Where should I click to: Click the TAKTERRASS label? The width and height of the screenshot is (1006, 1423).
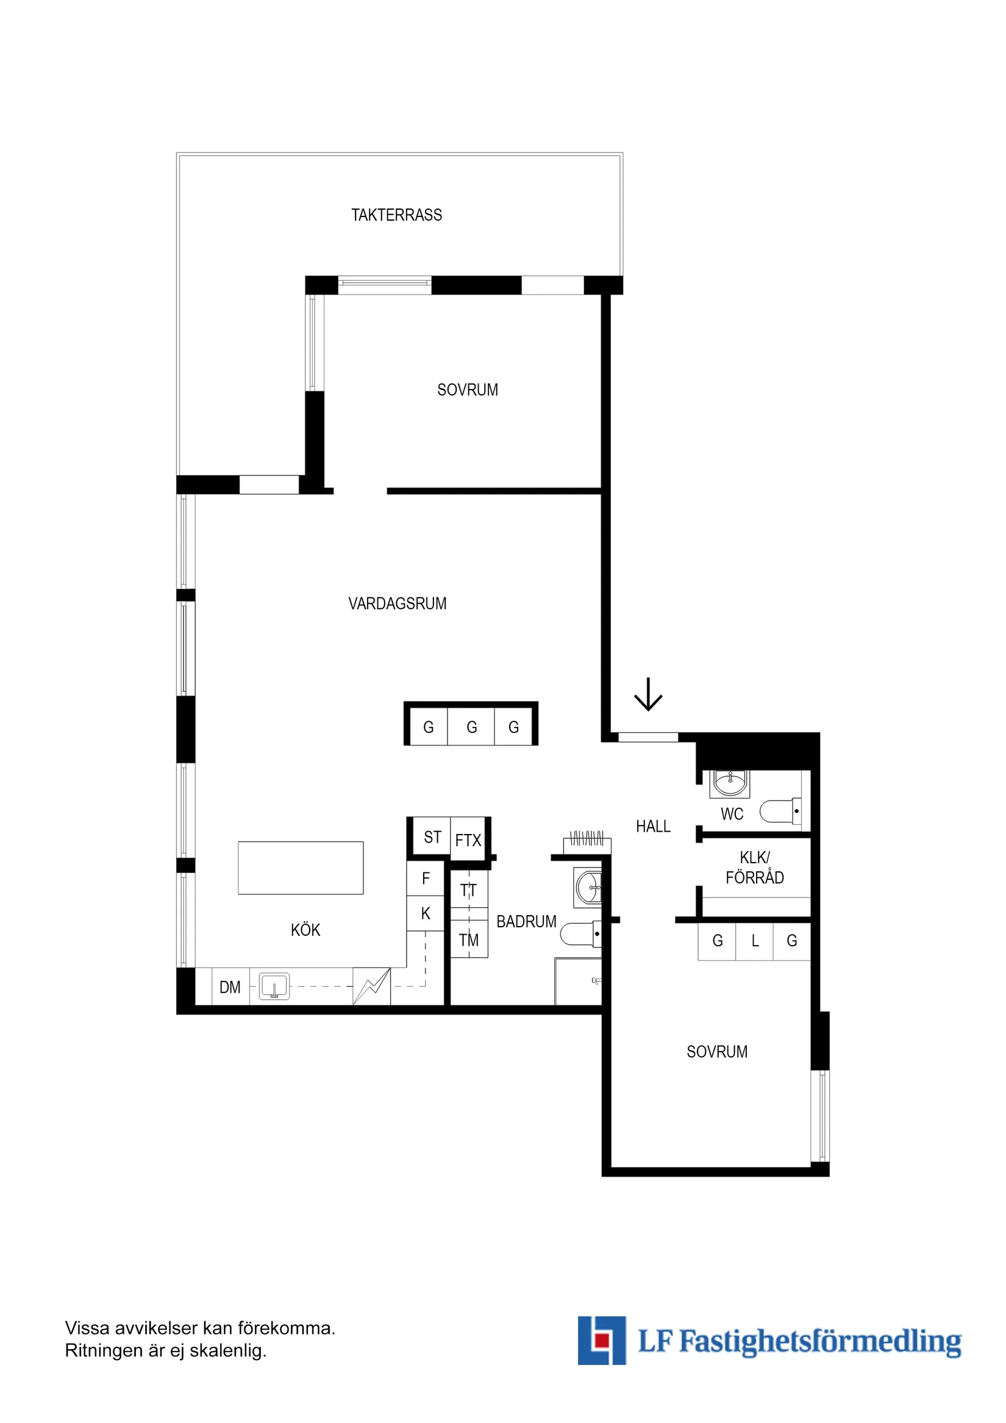pos(397,215)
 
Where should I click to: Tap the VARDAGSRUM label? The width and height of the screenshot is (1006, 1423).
pos(398,603)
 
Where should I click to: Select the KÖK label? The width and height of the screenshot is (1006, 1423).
pos(305,930)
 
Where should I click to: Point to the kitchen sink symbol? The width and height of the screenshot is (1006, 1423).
pos(274,986)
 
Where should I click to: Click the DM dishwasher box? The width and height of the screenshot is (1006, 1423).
pos(230,987)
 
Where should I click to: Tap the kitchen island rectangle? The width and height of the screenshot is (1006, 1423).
pos(301,868)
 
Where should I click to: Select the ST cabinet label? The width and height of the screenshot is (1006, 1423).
pos(432,837)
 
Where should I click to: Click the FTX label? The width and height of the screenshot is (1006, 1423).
pos(468,840)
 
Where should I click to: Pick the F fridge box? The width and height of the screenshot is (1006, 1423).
pos(426,878)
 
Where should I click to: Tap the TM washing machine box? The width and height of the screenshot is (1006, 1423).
pos(469,940)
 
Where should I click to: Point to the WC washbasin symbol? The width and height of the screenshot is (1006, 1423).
pos(730,783)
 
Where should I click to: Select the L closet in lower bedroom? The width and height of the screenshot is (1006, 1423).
pos(755,941)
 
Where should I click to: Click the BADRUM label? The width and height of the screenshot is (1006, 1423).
pos(526,922)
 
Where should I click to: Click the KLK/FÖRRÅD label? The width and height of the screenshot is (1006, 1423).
pos(754,867)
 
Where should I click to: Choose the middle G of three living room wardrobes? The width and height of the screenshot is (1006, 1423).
pos(472,727)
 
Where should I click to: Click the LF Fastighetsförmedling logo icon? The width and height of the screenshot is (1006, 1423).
pos(601,1340)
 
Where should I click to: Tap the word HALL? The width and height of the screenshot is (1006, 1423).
pos(653,826)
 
